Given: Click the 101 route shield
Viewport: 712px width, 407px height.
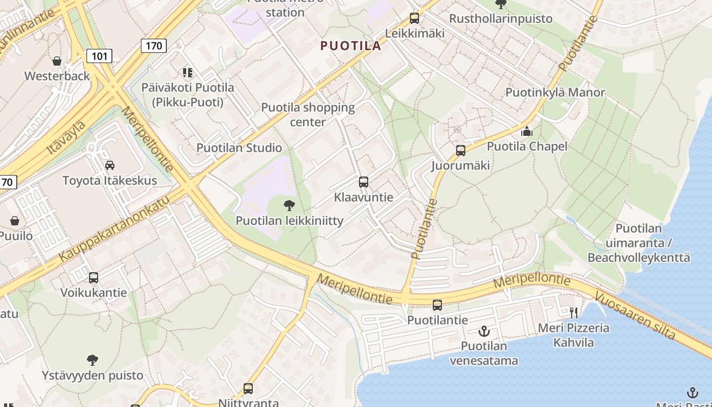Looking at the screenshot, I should coord(99,55).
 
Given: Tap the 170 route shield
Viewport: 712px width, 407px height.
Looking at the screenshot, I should coord(153,46).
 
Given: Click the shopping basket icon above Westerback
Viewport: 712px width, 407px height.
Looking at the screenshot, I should coord(56,61).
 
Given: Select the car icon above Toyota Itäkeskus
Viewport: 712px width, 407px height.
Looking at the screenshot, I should coord(109,165).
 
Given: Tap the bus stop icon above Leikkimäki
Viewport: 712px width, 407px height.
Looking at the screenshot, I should coord(414,19).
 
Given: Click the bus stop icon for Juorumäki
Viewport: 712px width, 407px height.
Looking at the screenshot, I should coord(460,151).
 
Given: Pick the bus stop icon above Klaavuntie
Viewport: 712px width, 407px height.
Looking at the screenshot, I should coord(363,182).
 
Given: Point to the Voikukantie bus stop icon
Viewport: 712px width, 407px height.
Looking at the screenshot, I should coord(94,278).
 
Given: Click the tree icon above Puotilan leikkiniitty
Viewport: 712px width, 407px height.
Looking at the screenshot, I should coord(289,206).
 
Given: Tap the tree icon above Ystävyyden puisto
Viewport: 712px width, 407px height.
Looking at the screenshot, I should coord(92,360).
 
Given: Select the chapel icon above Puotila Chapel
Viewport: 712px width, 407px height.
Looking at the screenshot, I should coord(526,132).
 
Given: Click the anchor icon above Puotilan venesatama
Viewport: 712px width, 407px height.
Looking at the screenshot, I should coord(484,331).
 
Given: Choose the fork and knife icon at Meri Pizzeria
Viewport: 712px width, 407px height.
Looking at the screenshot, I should coord(574,312).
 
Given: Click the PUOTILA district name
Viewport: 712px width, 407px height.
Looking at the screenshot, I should coord(350,46).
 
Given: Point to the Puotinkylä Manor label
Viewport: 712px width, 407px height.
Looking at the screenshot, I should coord(555,93).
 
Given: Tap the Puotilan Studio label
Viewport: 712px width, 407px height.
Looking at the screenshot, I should coord(239,148).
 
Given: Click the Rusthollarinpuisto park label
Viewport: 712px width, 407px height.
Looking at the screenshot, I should coord(500,19).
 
